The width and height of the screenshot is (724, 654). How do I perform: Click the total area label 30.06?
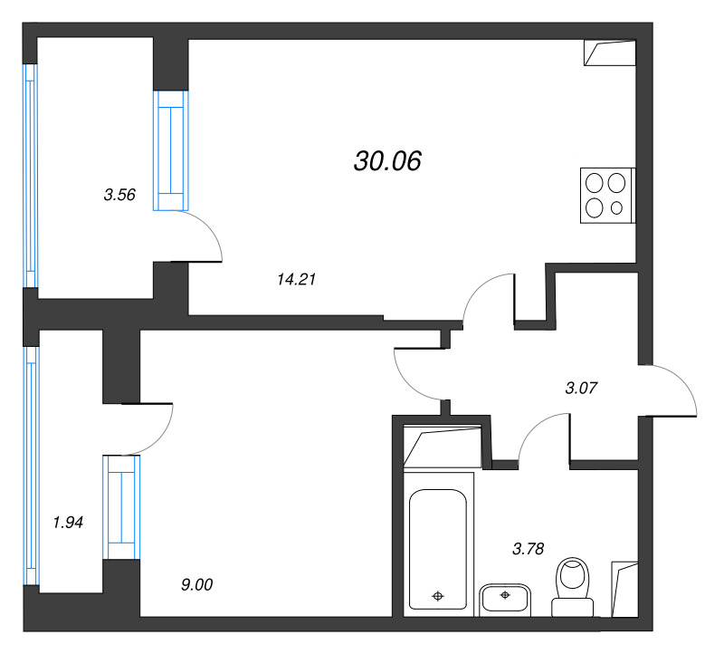click(387, 161)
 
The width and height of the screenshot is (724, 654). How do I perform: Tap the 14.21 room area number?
click(297, 279)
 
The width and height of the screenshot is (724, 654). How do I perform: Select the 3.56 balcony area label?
click(119, 195)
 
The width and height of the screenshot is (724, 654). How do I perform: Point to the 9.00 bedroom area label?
click(196, 584)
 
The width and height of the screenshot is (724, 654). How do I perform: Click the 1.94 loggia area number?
click(68, 523)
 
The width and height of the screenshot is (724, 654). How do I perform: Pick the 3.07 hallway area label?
click(581, 388)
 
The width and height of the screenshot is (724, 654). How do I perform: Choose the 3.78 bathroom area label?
click(529, 549)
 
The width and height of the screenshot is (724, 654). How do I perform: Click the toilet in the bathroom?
click(573, 587)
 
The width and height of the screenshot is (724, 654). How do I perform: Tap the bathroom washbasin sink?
click(505, 600)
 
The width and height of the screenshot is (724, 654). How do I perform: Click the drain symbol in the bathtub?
click(438, 596)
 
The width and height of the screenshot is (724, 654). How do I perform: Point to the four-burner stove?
click(607, 196)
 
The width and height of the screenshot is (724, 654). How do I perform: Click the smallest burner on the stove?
click(616, 208)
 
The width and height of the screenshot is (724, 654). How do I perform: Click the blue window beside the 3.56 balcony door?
click(171, 150)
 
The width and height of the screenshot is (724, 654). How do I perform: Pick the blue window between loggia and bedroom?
click(121, 507)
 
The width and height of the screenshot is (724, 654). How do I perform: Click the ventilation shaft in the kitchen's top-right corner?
click(609, 53)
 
